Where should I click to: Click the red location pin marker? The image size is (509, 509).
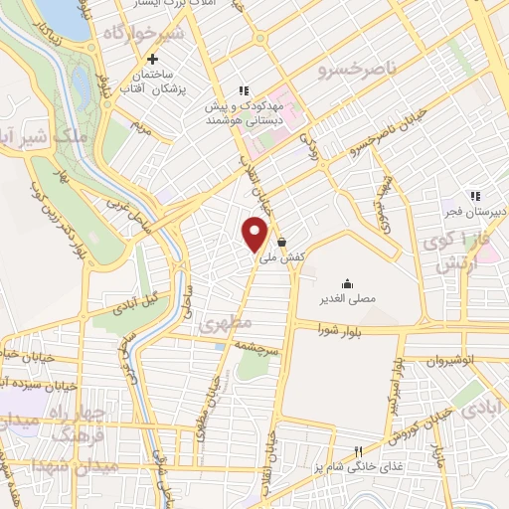point(256,234)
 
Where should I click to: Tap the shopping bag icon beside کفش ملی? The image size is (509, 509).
point(282,242)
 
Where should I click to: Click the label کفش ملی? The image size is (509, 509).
point(280,257)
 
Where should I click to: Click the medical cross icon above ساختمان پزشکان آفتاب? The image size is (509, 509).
point(152,59)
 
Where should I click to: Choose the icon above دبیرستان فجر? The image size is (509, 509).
point(475,196)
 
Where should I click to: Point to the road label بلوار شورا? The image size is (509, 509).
point(333,328)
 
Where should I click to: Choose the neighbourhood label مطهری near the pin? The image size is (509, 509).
point(220,325)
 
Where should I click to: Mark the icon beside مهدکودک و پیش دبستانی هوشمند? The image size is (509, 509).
point(243,91)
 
